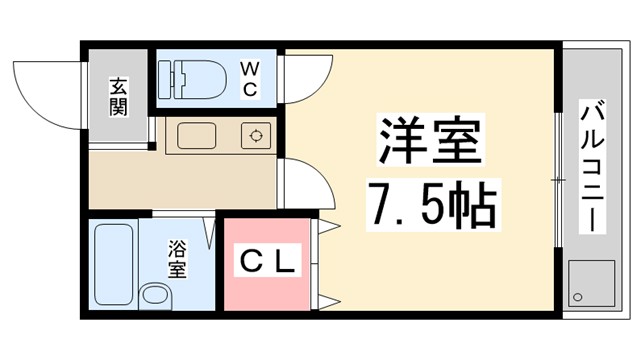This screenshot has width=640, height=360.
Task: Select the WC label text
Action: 250,79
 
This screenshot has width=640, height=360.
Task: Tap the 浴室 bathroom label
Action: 177,257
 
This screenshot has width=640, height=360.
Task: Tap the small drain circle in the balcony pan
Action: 578,297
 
